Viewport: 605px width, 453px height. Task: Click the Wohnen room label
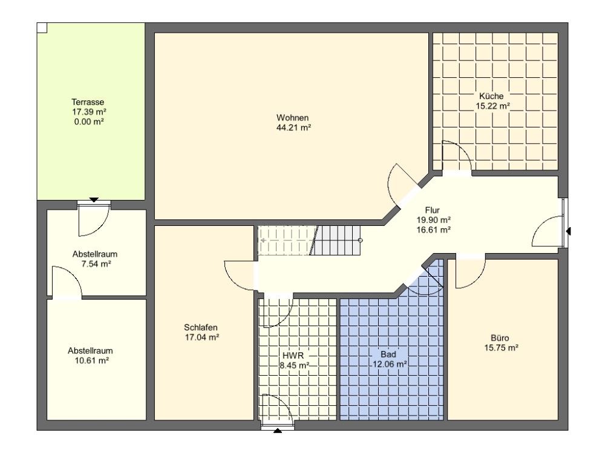click(292, 118)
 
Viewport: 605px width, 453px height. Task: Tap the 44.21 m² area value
click(293, 127)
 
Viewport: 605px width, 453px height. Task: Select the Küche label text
click(491, 96)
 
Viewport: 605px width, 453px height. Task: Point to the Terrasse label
click(88, 102)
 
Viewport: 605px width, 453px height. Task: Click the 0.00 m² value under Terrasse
click(89, 122)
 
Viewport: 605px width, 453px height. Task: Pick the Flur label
click(432, 210)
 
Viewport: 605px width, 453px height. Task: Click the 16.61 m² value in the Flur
click(434, 230)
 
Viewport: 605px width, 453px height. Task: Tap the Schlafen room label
click(201, 327)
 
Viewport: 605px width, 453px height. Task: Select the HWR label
click(293, 355)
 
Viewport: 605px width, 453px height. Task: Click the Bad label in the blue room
click(388, 354)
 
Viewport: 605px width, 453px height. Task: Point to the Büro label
click(500, 338)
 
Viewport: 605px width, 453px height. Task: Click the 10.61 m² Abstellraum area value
click(91, 361)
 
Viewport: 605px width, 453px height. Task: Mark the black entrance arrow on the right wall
click(568, 231)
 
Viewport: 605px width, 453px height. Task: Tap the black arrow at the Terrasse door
click(94, 200)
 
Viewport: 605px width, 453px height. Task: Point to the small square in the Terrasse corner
click(42, 28)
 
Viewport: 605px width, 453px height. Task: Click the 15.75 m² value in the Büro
click(501, 348)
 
